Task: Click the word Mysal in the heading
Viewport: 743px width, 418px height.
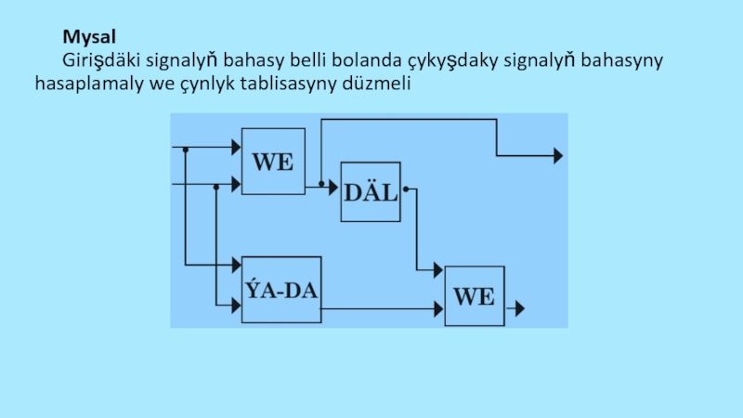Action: (89, 39)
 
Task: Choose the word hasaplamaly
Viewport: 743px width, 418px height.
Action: (85, 84)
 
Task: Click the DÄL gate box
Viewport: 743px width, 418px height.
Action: (371, 192)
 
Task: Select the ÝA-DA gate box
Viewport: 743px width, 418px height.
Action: (281, 290)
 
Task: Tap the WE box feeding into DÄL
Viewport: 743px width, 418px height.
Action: (273, 161)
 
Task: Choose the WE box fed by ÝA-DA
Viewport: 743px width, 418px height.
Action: (474, 296)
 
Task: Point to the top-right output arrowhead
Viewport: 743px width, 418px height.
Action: (557, 156)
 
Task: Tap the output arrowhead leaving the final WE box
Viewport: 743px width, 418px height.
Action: (520, 307)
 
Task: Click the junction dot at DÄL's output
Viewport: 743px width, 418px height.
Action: (405, 189)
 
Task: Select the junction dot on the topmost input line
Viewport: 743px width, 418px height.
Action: (187, 149)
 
